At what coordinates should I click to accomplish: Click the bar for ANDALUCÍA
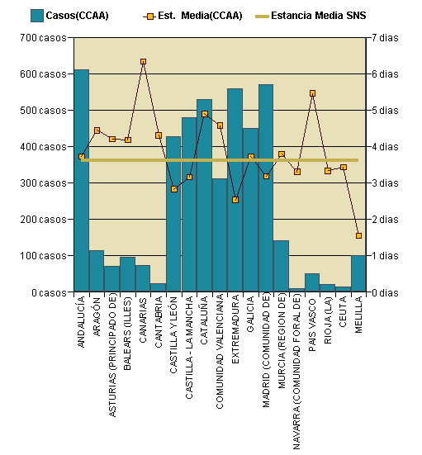click(x=81, y=182)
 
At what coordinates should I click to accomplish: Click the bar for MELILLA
click(x=358, y=274)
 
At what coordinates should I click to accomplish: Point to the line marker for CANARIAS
click(x=143, y=62)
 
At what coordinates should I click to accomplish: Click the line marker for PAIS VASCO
click(x=312, y=93)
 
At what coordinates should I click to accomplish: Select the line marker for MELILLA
click(x=358, y=235)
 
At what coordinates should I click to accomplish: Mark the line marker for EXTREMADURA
click(x=235, y=200)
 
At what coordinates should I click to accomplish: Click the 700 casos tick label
click(x=42, y=38)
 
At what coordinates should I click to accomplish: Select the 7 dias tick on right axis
click(x=386, y=38)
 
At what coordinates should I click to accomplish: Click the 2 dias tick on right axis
click(x=386, y=220)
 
